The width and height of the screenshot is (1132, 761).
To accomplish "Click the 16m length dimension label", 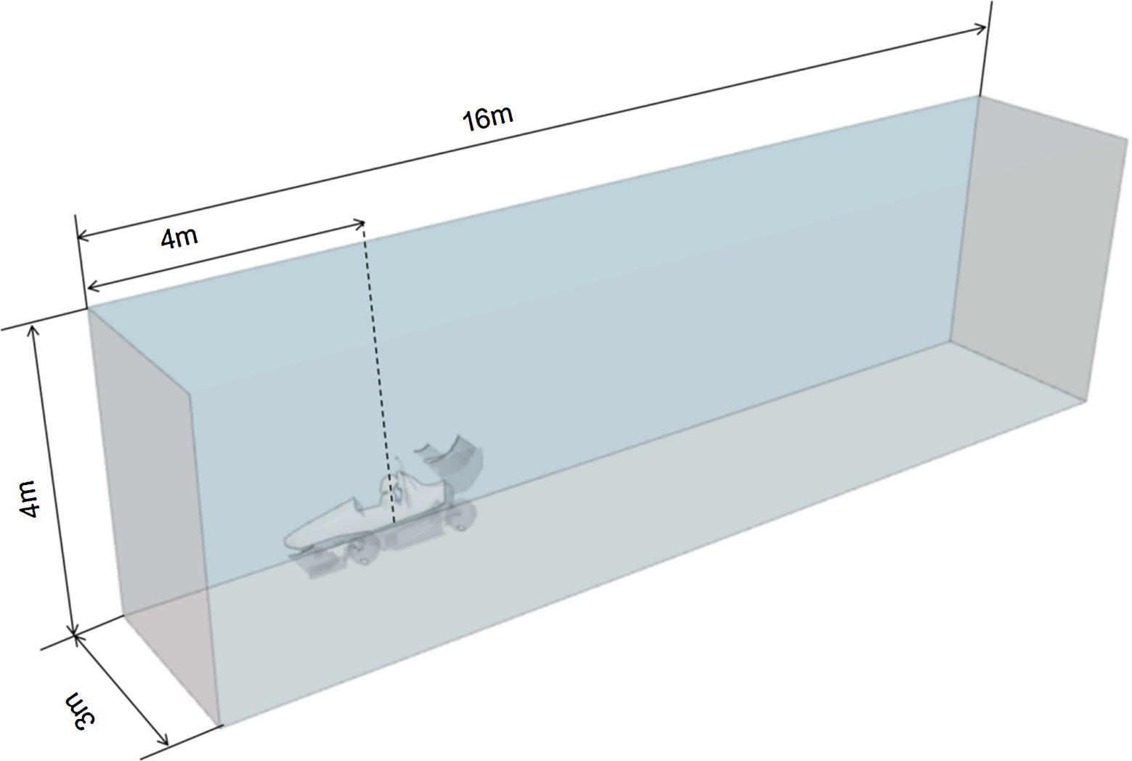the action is [x=488, y=117].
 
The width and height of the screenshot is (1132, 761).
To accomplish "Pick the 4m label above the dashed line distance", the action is [x=179, y=237].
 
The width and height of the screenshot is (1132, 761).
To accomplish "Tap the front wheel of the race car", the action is [x=363, y=553].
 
